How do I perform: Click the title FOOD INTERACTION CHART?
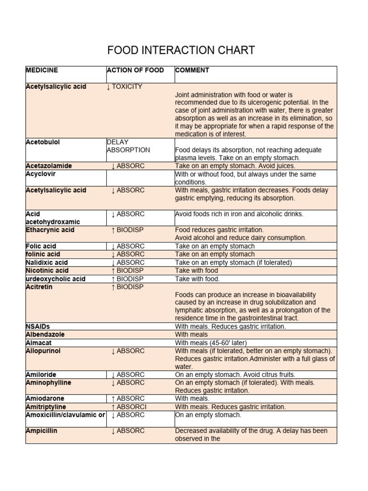click(x=181, y=50)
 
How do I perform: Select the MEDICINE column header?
click(x=42, y=70)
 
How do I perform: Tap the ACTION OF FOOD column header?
click(x=136, y=70)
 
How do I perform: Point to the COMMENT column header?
click(x=192, y=70)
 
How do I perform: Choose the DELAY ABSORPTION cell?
click(x=128, y=146)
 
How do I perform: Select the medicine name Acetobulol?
click(x=43, y=142)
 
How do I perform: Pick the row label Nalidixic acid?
click(x=46, y=263)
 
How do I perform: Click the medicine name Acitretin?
click(x=39, y=287)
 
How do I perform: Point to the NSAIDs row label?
click(x=38, y=327)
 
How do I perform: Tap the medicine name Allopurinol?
click(x=43, y=351)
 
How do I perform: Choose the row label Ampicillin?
click(x=41, y=431)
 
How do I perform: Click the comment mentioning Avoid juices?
click(x=235, y=166)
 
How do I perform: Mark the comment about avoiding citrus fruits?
click(x=235, y=375)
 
